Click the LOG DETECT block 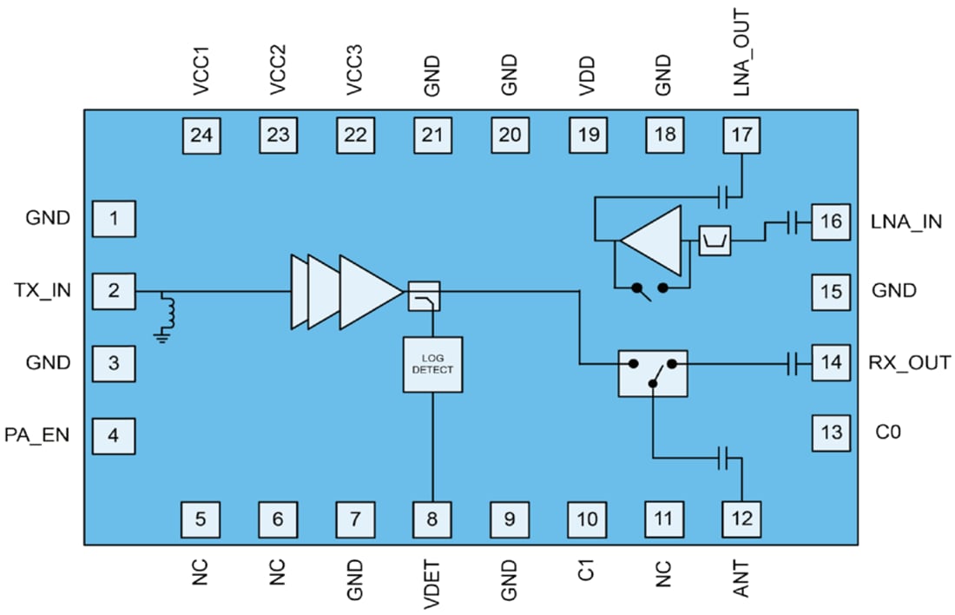pos(432,364)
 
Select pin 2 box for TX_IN pos(114,290)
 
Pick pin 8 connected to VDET pos(432,519)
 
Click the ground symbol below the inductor pos(161,336)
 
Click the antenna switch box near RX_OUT pos(652,373)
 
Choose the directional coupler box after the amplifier pos(424,296)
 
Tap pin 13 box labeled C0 pos(832,432)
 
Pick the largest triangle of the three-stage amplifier pos(368,292)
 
